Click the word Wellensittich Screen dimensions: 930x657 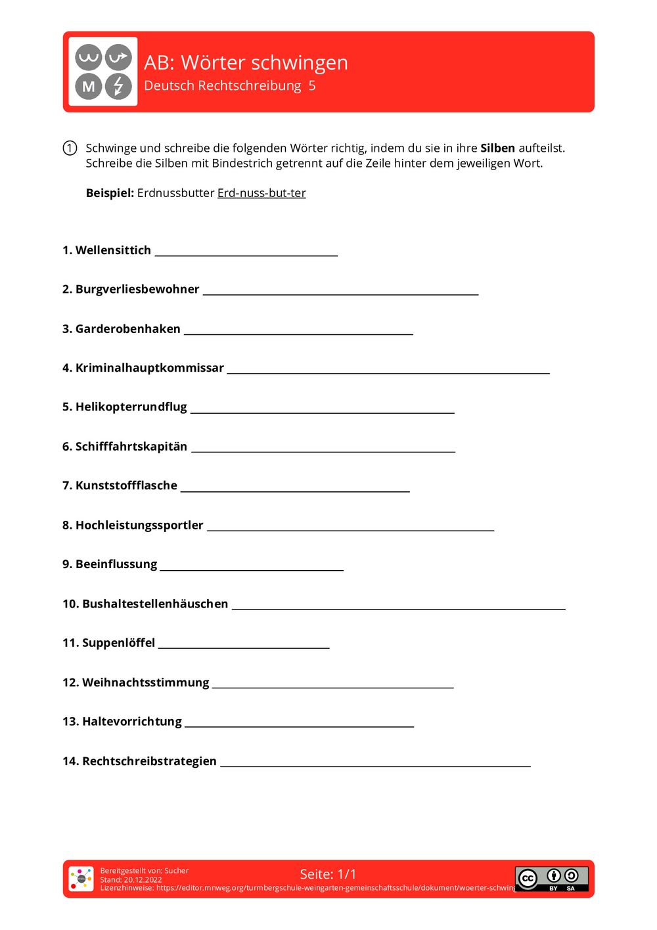tap(113, 250)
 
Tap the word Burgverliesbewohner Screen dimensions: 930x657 tap(137, 289)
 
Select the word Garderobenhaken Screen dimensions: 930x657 tap(127, 328)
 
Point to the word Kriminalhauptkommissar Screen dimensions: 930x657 tap(150, 368)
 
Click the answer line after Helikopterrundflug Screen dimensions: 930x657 tap(322, 411)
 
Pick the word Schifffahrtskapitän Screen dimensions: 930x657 tap(131, 447)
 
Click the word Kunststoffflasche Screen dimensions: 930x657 tap(126, 485)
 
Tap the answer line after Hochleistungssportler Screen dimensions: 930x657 tap(350, 529)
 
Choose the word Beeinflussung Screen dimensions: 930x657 tap(116, 564)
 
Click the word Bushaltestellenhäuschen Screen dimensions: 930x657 tap(155, 604)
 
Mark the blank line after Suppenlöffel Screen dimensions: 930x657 tap(244, 647)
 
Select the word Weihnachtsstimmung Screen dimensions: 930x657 tap(145, 682)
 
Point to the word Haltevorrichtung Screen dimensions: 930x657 tap(132, 721)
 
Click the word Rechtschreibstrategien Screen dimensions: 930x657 tap(149, 761)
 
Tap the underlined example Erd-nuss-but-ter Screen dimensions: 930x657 tap(261, 193)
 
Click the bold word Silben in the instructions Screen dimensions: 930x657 tap(497, 148)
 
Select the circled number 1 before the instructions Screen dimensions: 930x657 tap(70, 148)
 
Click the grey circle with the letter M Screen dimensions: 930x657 tap(89, 86)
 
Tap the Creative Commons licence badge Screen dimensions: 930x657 tap(551, 878)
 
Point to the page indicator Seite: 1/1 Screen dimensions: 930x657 tap(328, 874)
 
